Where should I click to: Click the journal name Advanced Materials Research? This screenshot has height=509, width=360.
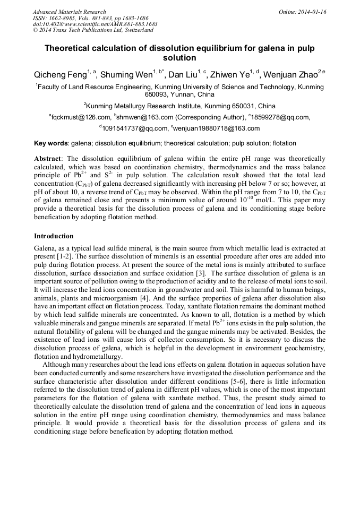[69, 12]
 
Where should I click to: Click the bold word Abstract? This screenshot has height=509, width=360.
[48, 159]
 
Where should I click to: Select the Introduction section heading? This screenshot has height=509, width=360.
[54, 236]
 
